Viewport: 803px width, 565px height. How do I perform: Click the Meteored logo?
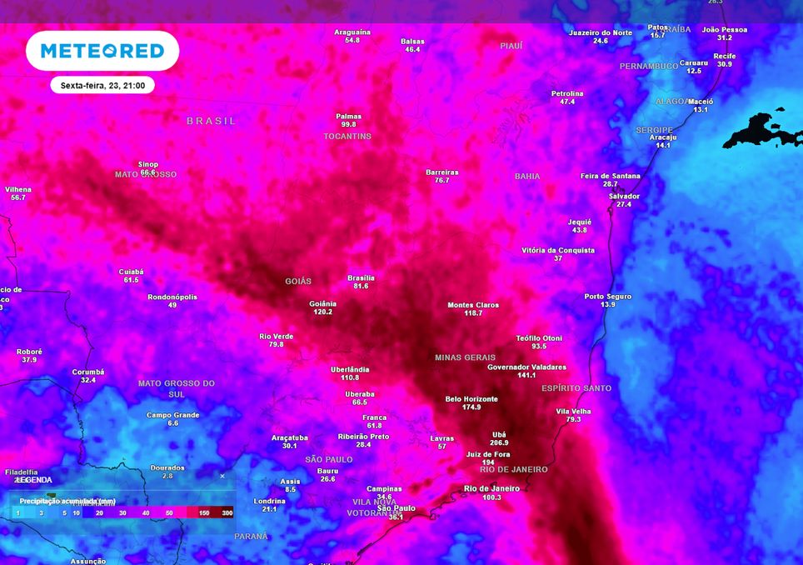pyautogui.click(x=102, y=51)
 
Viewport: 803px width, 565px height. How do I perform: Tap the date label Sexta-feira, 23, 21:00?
pyautogui.click(x=102, y=85)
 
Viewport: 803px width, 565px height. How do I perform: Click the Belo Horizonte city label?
pyautogui.click(x=471, y=399)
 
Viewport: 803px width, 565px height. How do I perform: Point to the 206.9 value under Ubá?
pyautogui.click(x=500, y=442)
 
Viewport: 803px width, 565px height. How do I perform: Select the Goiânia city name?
pyautogui.click(x=322, y=303)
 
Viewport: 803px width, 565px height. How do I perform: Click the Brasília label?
pyautogui.click(x=361, y=277)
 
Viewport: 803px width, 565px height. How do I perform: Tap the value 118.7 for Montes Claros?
pyautogui.click(x=473, y=313)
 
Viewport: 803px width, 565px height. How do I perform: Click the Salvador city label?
pyautogui.click(x=624, y=196)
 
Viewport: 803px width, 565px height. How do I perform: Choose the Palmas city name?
pyautogui.click(x=348, y=117)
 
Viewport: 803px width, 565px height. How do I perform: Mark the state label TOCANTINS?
pyautogui.click(x=347, y=136)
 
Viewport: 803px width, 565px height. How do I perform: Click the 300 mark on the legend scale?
pyautogui.click(x=227, y=512)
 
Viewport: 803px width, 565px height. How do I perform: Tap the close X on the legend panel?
pyautogui.click(x=222, y=476)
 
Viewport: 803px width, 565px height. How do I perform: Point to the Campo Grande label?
pyautogui.click(x=172, y=415)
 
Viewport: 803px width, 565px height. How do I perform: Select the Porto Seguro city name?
pyautogui.click(x=607, y=297)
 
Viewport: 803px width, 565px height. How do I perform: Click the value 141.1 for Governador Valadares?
pyautogui.click(x=526, y=375)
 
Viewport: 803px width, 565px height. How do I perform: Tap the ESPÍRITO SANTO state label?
pyautogui.click(x=576, y=388)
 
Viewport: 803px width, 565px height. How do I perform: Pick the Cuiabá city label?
pyautogui.click(x=131, y=272)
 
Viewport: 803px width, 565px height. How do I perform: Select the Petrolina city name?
pyautogui.click(x=567, y=93)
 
